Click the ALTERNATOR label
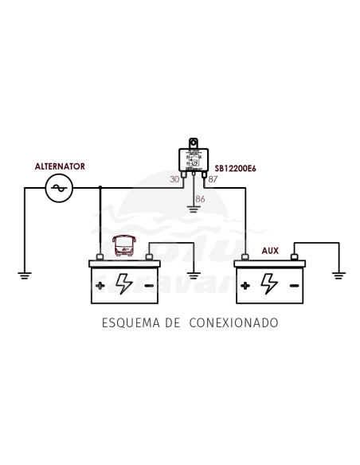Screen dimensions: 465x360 (60, 166)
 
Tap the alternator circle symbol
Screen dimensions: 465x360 (59, 189)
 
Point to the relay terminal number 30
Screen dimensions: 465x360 (175, 179)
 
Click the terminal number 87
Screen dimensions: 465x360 (213, 179)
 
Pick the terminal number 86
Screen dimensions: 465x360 (200, 198)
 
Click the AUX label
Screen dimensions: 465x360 (270, 250)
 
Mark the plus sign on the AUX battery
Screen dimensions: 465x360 (245, 284)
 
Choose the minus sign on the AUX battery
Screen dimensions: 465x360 (295, 284)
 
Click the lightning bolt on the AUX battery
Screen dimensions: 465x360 (270, 283)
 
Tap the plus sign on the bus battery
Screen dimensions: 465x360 (100, 284)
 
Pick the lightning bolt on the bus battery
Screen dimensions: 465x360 (124, 283)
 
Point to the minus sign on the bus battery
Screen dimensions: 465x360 (149, 284)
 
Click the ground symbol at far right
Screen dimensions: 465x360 (339, 275)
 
